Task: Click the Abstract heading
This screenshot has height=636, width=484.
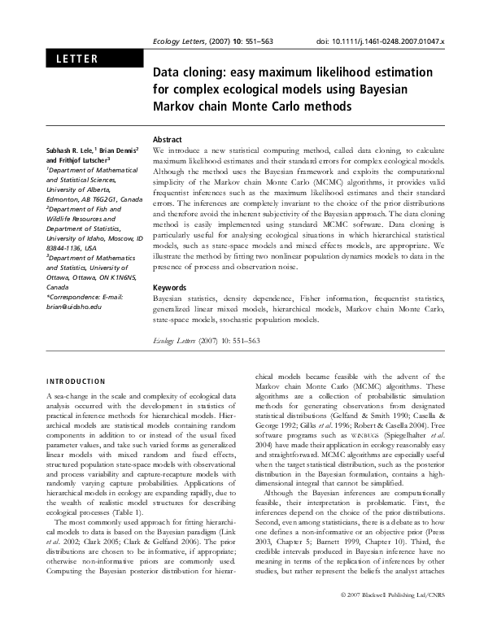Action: (168, 140)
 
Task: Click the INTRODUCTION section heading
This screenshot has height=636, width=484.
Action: (74, 381)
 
